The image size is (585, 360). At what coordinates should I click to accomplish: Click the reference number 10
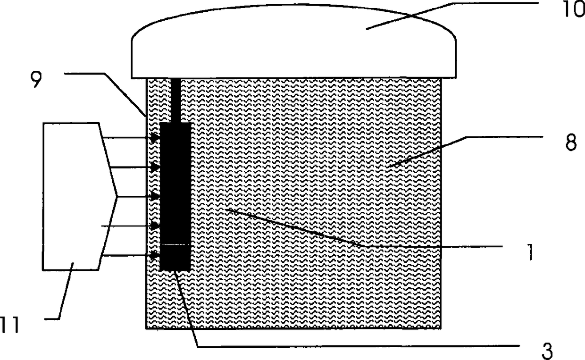point(568,10)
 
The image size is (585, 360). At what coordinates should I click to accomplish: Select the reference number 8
point(570,143)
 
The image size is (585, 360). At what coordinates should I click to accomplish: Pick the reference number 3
point(546,351)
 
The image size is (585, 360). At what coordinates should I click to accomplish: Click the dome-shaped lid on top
point(293,42)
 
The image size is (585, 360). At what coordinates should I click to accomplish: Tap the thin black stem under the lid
point(175,100)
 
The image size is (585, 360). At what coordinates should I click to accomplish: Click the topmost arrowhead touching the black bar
point(155,138)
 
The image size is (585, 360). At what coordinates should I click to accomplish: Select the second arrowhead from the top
point(155,167)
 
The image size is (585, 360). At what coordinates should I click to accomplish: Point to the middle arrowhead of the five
point(155,196)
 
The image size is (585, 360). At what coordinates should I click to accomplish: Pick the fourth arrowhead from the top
point(155,226)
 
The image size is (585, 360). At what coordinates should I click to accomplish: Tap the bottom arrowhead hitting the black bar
point(155,256)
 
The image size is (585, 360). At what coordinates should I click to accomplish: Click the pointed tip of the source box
point(116,196)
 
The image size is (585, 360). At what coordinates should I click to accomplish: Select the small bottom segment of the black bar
point(175,257)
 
